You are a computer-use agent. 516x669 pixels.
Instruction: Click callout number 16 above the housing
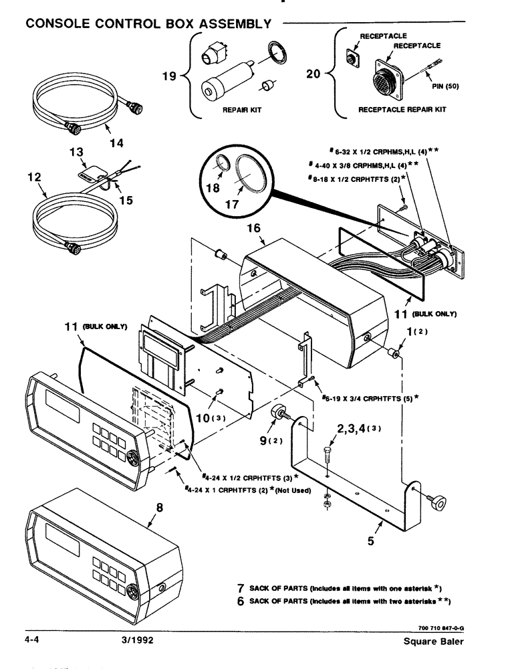pyautogui.click(x=254, y=229)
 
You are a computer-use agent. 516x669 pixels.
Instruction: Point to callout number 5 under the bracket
pyautogui.click(x=370, y=542)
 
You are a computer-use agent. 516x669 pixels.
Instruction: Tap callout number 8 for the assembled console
pyautogui.click(x=158, y=508)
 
